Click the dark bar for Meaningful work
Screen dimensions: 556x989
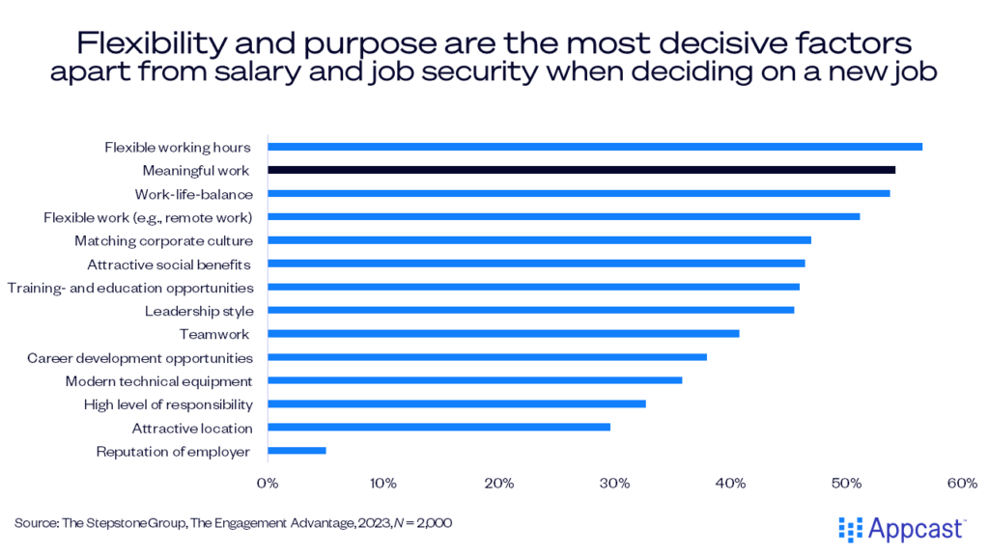(x=580, y=170)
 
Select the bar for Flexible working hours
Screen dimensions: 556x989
(x=594, y=147)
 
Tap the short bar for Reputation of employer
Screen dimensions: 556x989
(x=297, y=451)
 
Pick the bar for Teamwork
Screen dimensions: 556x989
(x=503, y=334)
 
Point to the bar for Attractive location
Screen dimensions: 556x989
(x=438, y=428)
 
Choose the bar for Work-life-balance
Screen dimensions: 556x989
(x=579, y=193)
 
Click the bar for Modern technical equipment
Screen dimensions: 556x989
(x=474, y=380)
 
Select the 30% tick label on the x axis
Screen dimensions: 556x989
(x=616, y=481)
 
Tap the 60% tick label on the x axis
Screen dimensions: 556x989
(x=964, y=481)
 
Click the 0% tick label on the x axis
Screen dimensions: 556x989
(x=268, y=481)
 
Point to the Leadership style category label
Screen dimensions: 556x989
(x=199, y=311)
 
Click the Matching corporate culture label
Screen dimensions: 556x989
(x=164, y=240)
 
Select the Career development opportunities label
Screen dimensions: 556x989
(x=140, y=357)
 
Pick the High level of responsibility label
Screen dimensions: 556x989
(x=168, y=404)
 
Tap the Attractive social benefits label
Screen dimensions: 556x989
(x=169, y=264)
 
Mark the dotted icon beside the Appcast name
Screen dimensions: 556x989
(x=850, y=528)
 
